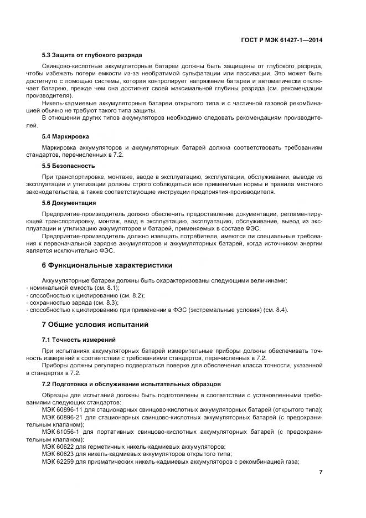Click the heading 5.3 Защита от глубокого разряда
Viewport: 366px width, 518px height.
[92, 55]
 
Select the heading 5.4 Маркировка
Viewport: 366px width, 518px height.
[65, 136]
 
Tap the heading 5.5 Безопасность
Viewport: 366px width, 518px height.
[69, 166]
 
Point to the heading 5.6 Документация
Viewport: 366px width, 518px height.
[69, 203]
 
